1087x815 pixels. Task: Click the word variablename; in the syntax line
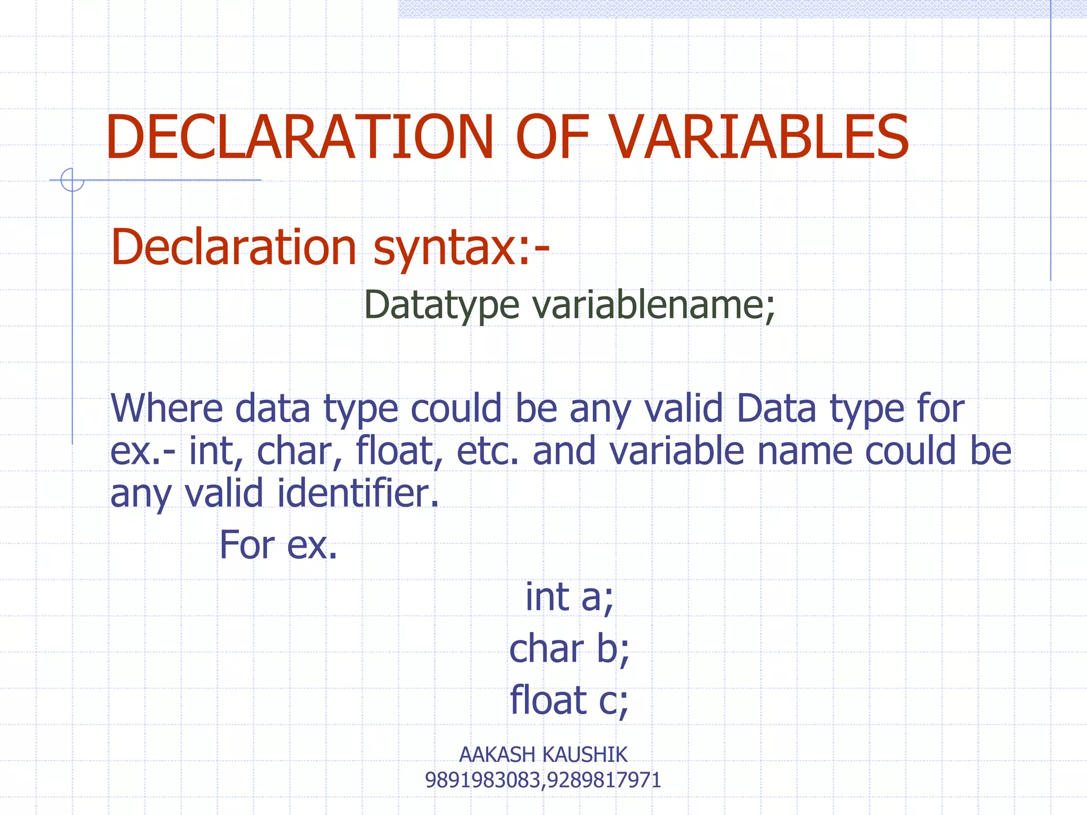[653, 305]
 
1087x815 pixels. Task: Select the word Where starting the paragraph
[166, 409]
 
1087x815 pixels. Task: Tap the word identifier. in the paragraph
[358, 493]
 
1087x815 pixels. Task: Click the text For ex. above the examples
[278, 545]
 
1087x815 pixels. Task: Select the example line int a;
[569, 597]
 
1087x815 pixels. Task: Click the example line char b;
[569, 649]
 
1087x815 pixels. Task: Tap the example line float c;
[569, 700]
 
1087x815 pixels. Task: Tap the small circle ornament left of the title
[72, 180]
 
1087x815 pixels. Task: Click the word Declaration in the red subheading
[234, 247]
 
